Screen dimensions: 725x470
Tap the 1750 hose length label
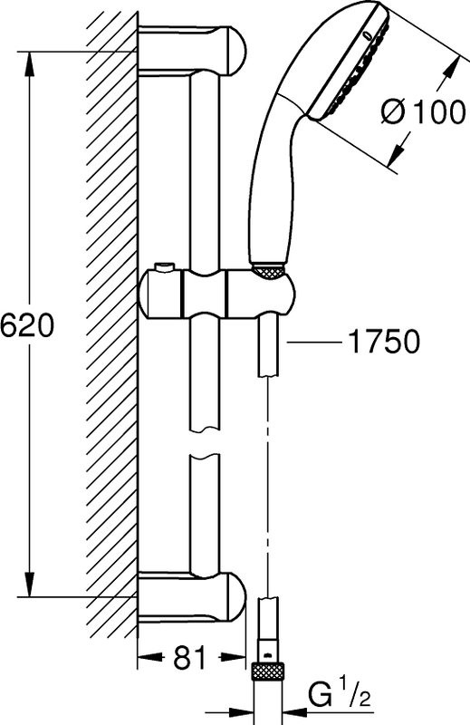pyautogui.click(x=383, y=342)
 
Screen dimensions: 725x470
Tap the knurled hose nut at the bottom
pyautogui.click(x=267, y=671)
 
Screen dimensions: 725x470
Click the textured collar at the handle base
pyautogui.click(x=268, y=269)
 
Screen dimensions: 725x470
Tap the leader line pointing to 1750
pyautogui.click(x=312, y=342)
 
